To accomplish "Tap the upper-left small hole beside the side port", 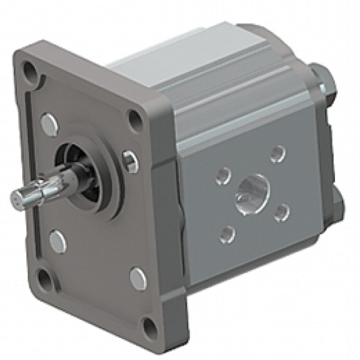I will pyautogui.click(x=223, y=176).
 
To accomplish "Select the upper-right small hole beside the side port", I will pyautogui.click(x=277, y=154).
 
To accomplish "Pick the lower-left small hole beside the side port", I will pyautogui.click(x=226, y=233).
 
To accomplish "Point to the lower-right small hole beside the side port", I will pyautogui.click(x=281, y=212).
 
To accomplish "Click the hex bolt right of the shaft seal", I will pyautogui.click(x=130, y=161).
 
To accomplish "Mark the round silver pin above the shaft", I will pyautogui.click(x=49, y=124).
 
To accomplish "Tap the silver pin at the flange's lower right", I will pyautogui.click(x=138, y=278).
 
